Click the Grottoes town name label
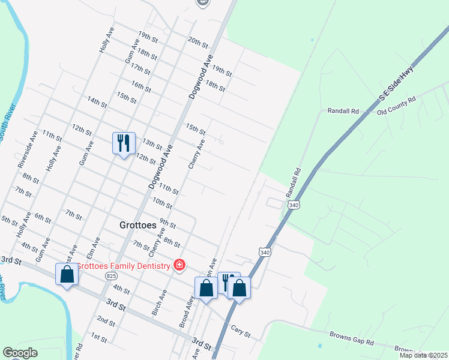(135, 226)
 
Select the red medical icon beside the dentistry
(178, 265)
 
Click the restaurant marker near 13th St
(124, 143)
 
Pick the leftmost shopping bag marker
(67, 275)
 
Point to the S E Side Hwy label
(396, 85)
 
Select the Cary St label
(240, 331)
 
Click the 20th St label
(197, 42)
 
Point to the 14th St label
(97, 102)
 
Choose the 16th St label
(141, 86)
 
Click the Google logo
(20, 353)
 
